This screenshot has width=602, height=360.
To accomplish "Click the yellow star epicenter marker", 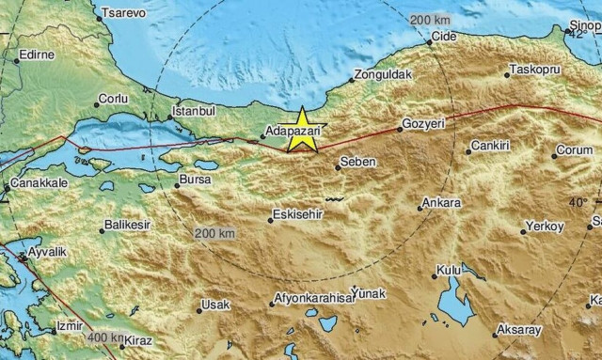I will (x=302, y=131).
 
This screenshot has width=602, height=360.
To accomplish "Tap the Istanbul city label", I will (x=197, y=110).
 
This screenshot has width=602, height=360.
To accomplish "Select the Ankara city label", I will (x=442, y=202).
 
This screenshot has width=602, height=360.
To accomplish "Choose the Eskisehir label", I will (x=298, y=214).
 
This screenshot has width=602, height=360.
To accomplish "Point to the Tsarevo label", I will (x=126, y=12).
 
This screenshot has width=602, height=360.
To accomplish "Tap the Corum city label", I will (x=574, y=149).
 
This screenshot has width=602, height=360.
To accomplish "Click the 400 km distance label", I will (x=104, y=337).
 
